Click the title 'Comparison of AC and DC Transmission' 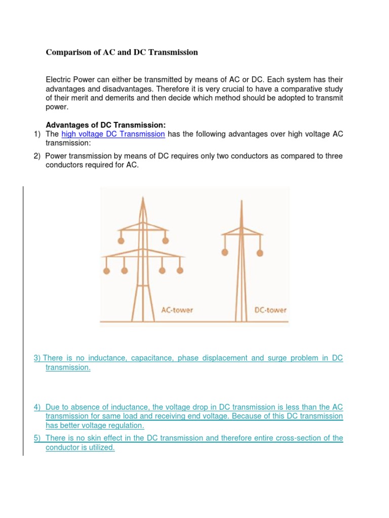click(122, 53)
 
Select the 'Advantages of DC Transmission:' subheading click(106, 125)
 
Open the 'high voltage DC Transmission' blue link click(113, 134)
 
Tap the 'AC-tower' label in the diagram click(177, 310)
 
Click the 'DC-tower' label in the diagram click(270, 310)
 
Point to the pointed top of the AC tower click(142, 199)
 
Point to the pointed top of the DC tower click(242, 202)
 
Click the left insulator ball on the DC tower click(225, 251)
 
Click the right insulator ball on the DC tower click(259, 251)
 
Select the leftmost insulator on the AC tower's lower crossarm click(106, 271)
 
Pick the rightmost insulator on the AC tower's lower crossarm click(180, 271)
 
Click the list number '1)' click(36, 134)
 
